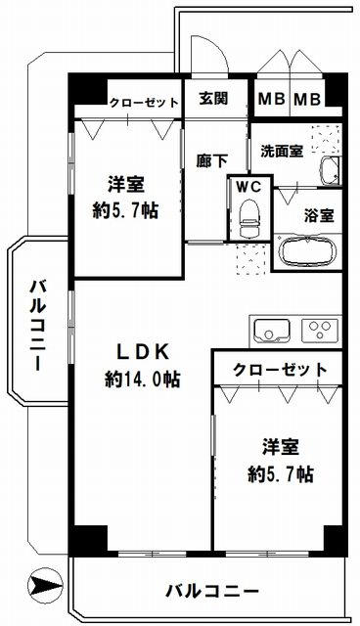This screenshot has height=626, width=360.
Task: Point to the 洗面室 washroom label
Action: (x=281, y=153)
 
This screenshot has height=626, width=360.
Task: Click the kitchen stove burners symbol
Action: (x=320, y=329)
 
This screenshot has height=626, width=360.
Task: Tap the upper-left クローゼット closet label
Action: (x=143, y=103)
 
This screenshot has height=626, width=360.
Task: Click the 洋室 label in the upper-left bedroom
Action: (x=127, y=183)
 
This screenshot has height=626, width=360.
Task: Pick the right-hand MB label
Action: (x=307, y=99)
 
